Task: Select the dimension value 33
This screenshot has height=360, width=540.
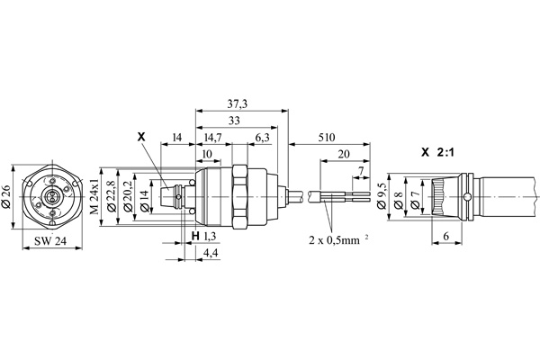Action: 237,121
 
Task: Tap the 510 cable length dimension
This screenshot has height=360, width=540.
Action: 326,138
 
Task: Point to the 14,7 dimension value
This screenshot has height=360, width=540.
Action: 213,138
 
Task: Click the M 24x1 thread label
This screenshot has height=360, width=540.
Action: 93,197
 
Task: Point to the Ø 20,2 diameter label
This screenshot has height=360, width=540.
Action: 126,197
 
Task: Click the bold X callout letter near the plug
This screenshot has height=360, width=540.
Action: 139,138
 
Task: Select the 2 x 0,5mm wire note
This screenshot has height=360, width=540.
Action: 341,242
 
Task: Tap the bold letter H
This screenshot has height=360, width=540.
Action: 194,236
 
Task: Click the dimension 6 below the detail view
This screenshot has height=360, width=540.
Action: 447,236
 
